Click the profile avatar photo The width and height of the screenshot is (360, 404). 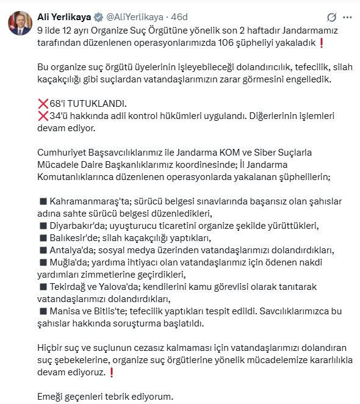(20, 23)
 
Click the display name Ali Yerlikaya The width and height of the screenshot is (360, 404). (65, 16)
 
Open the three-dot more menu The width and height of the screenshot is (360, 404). (347, 17)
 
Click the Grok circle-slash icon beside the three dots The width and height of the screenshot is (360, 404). (332, 17)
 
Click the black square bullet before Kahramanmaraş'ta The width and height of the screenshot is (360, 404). (43, 201)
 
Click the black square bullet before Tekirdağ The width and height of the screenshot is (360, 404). (43, 287)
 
